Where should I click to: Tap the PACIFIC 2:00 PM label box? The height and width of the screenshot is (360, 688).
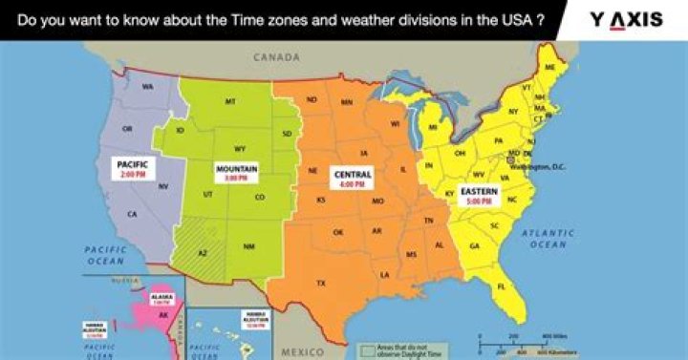click(132, 169)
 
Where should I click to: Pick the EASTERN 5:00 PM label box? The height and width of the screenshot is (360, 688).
click(479, 196)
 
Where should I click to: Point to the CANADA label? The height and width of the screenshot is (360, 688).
click(277, 57)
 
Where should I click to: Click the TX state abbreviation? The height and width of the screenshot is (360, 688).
click(320, 283)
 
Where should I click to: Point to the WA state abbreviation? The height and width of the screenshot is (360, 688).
click(148, 87)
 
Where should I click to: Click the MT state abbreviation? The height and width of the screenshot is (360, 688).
click(230, 101)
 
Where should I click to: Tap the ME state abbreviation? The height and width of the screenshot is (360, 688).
click(549, 68)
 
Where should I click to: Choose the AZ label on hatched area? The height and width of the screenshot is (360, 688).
click(203, 252)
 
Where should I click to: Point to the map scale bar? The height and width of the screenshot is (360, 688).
click(525, 345)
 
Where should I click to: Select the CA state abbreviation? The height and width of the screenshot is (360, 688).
click(132, 214)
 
